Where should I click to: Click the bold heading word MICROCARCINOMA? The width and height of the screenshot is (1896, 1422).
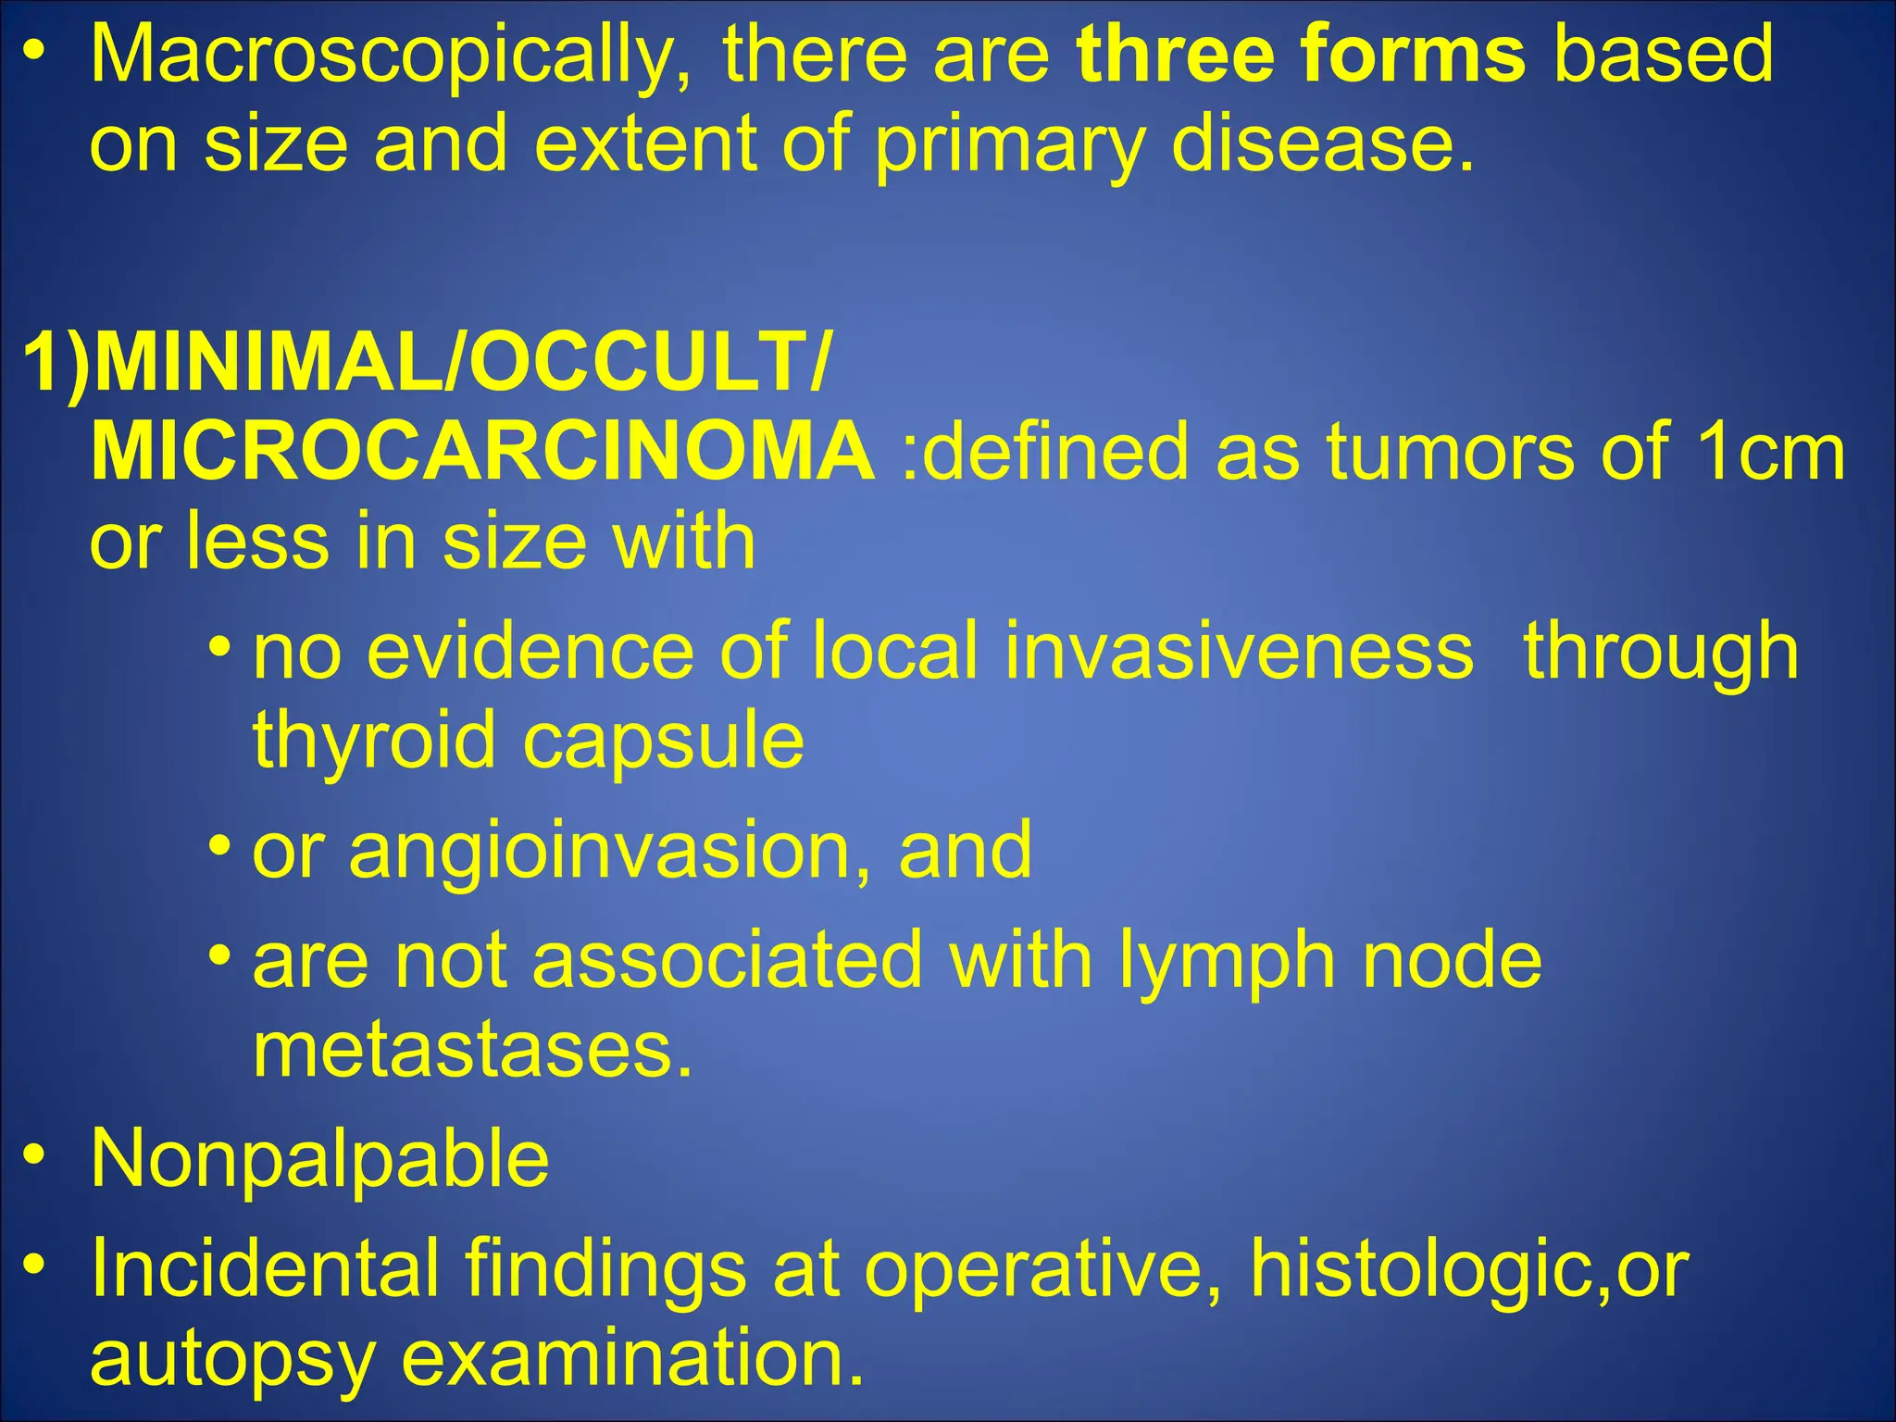click(481, 451)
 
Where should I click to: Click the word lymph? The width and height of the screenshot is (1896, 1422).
click(1226, 961)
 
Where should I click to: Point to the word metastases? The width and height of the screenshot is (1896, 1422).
click(472, 1050)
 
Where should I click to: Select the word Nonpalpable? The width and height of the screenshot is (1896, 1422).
click(319, 1158)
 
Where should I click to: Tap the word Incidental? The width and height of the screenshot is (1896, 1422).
click(264, 1268)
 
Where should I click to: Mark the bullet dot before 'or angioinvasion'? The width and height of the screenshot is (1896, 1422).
click(219, 845)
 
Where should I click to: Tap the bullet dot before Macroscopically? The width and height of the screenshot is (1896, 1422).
click(34, 51)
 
